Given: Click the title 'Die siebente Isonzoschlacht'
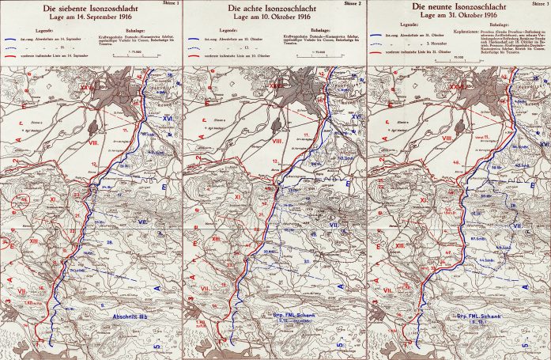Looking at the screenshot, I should tap(92, 7).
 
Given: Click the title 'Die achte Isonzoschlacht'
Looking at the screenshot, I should tap(274, 7).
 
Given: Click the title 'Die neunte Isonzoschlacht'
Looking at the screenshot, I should tap(459, 7).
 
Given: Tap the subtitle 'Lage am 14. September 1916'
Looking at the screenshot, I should tap(92, 17).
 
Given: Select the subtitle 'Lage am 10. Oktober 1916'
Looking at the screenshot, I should tap(274, 17).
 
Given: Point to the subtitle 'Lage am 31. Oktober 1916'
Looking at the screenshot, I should tap(459, 17).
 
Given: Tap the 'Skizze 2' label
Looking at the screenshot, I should tap(353, 3).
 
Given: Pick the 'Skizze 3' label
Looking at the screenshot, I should tap(537, 3).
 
